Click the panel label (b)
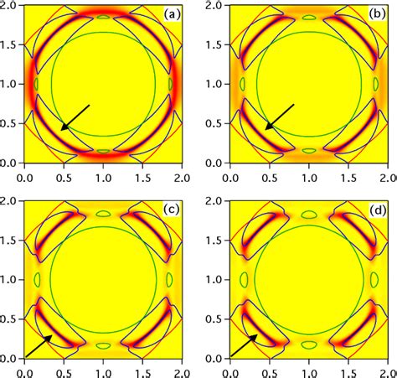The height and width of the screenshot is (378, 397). pyautogui.click(x=374, y=15)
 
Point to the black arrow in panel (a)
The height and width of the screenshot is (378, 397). pyautogui.click(x=75, y=117)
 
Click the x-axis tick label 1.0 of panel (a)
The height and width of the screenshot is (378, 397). pyautogui.click(x=103, y=178)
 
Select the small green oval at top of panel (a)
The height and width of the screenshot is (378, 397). pyautogui.click(x=103, y=17)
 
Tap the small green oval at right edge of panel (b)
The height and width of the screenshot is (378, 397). pyautogui.click(x=375, y=84)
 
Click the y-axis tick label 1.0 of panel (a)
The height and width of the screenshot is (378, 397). pyautogui.click(x=10, y=84)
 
